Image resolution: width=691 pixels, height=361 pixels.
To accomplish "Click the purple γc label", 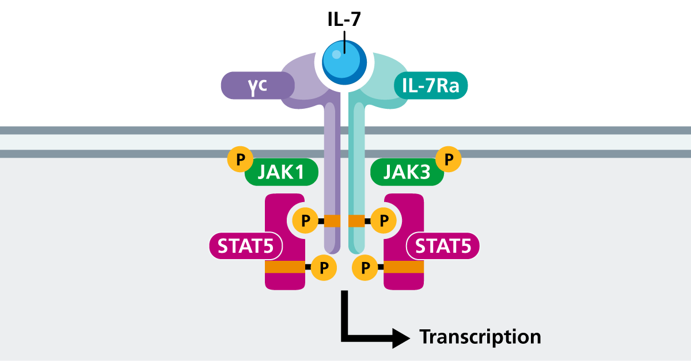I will click(x=257, y=85).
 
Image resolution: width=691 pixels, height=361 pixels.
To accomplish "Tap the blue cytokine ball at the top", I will click(x=344, y=62).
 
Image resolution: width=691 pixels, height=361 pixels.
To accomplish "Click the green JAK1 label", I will click(x=282, y=172).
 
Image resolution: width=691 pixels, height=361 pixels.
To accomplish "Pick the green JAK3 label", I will click(x=407, y=172).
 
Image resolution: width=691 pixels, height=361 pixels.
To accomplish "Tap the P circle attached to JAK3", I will click(x=449, y=159).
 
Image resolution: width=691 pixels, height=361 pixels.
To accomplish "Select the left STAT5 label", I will click(x=245, y=246).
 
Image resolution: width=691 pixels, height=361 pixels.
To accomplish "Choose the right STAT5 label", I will click(x=443, y=246).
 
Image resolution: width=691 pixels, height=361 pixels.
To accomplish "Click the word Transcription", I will click(x=480, y=336).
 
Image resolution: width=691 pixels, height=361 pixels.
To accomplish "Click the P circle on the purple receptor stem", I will click(x=306, y=221).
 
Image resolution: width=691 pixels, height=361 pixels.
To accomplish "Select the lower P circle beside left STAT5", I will click(x=324, y=267).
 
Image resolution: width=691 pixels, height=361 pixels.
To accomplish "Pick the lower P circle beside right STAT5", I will click(x=365, y=267).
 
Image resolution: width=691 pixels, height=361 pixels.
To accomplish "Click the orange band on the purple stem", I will click(x=332, y=221).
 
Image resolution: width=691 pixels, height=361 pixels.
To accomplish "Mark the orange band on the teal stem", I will click(x=356, y=221).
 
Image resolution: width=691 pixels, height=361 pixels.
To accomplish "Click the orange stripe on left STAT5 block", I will click(x=284, y=267).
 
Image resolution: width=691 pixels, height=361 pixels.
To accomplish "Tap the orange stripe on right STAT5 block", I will click(x=404, y=267).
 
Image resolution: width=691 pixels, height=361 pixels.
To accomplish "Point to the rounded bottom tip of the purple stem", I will click(x=332, y=249).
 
